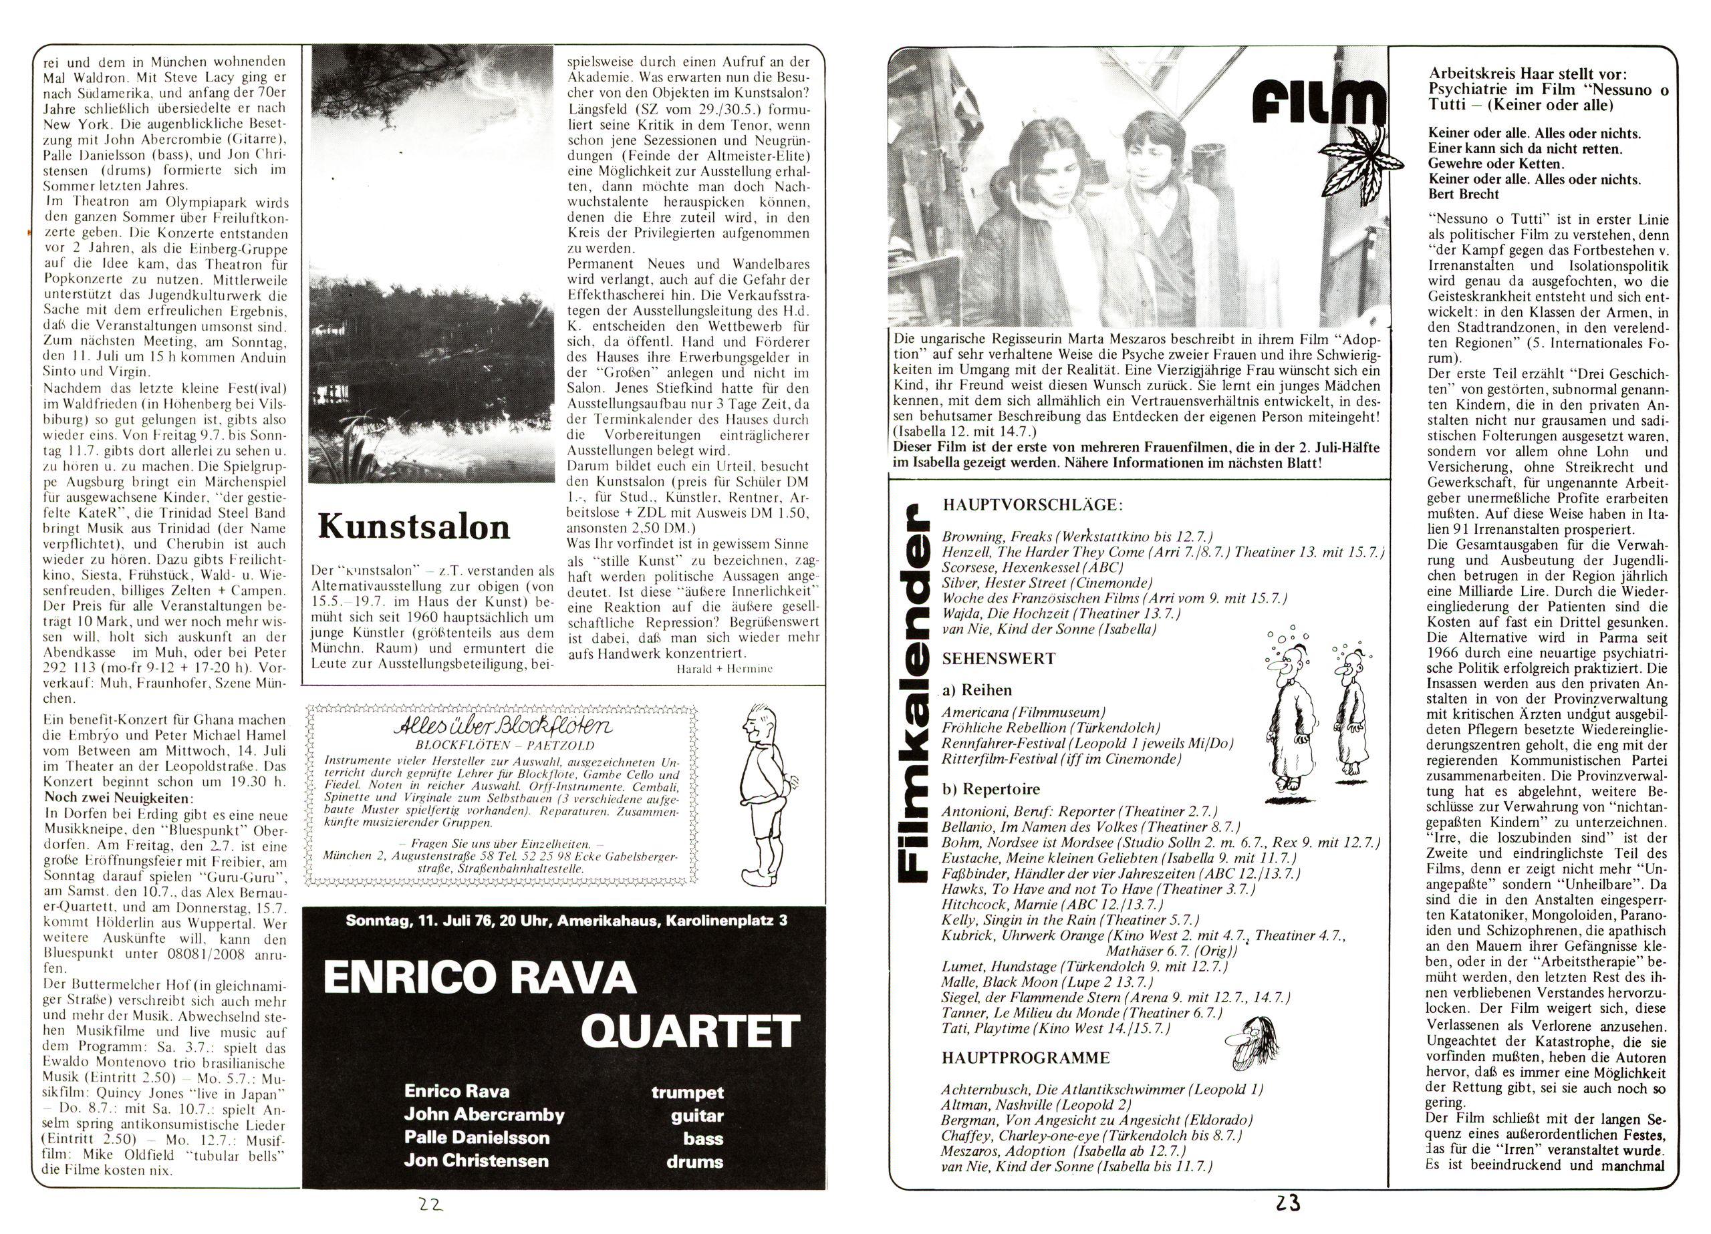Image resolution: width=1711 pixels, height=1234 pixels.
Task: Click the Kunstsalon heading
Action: point(414,527)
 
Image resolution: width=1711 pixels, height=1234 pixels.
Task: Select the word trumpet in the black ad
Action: point(686,1092)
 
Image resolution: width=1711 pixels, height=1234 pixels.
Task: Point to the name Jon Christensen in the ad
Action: point(476,1160)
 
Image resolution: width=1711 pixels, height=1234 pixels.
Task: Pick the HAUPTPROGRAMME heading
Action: point(1015,1058)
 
